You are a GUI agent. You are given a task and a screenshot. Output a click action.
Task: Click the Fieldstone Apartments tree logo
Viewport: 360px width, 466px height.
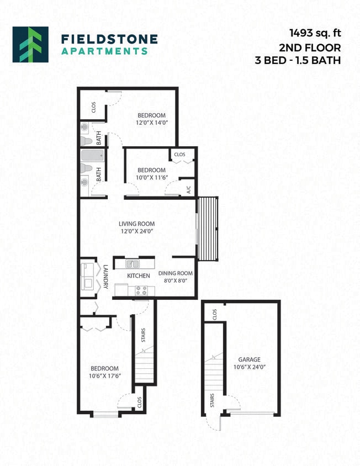tap(30, 44)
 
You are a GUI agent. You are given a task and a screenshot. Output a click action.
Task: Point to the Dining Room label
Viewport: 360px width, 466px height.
tap(175, 273)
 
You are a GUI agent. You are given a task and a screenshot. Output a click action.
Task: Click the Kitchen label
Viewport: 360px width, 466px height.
tap(139, 276)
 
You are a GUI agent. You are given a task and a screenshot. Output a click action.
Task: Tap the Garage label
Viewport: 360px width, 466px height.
tap(249, 359)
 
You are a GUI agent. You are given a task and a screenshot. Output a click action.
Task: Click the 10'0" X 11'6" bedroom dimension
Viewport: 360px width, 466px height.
tap(151, 178)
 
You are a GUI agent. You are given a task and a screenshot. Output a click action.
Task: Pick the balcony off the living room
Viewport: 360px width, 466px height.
tap(208, 229)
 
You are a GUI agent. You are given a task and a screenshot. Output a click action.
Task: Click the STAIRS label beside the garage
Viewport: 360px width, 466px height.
tap(212, 401)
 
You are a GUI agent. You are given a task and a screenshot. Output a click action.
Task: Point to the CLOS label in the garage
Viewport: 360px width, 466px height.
tap(214, 314)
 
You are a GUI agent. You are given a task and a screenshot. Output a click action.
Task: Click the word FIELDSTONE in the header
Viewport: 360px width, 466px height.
tap(109, 39)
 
